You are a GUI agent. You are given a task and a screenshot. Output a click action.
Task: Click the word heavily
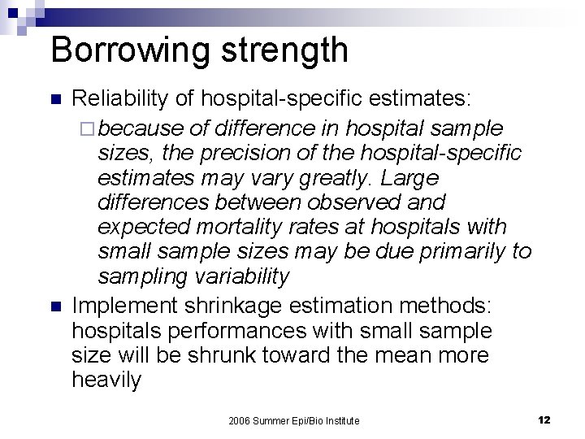[x=106, y=380]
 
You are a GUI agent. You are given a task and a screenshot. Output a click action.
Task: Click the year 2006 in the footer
[x=240, y=420]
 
